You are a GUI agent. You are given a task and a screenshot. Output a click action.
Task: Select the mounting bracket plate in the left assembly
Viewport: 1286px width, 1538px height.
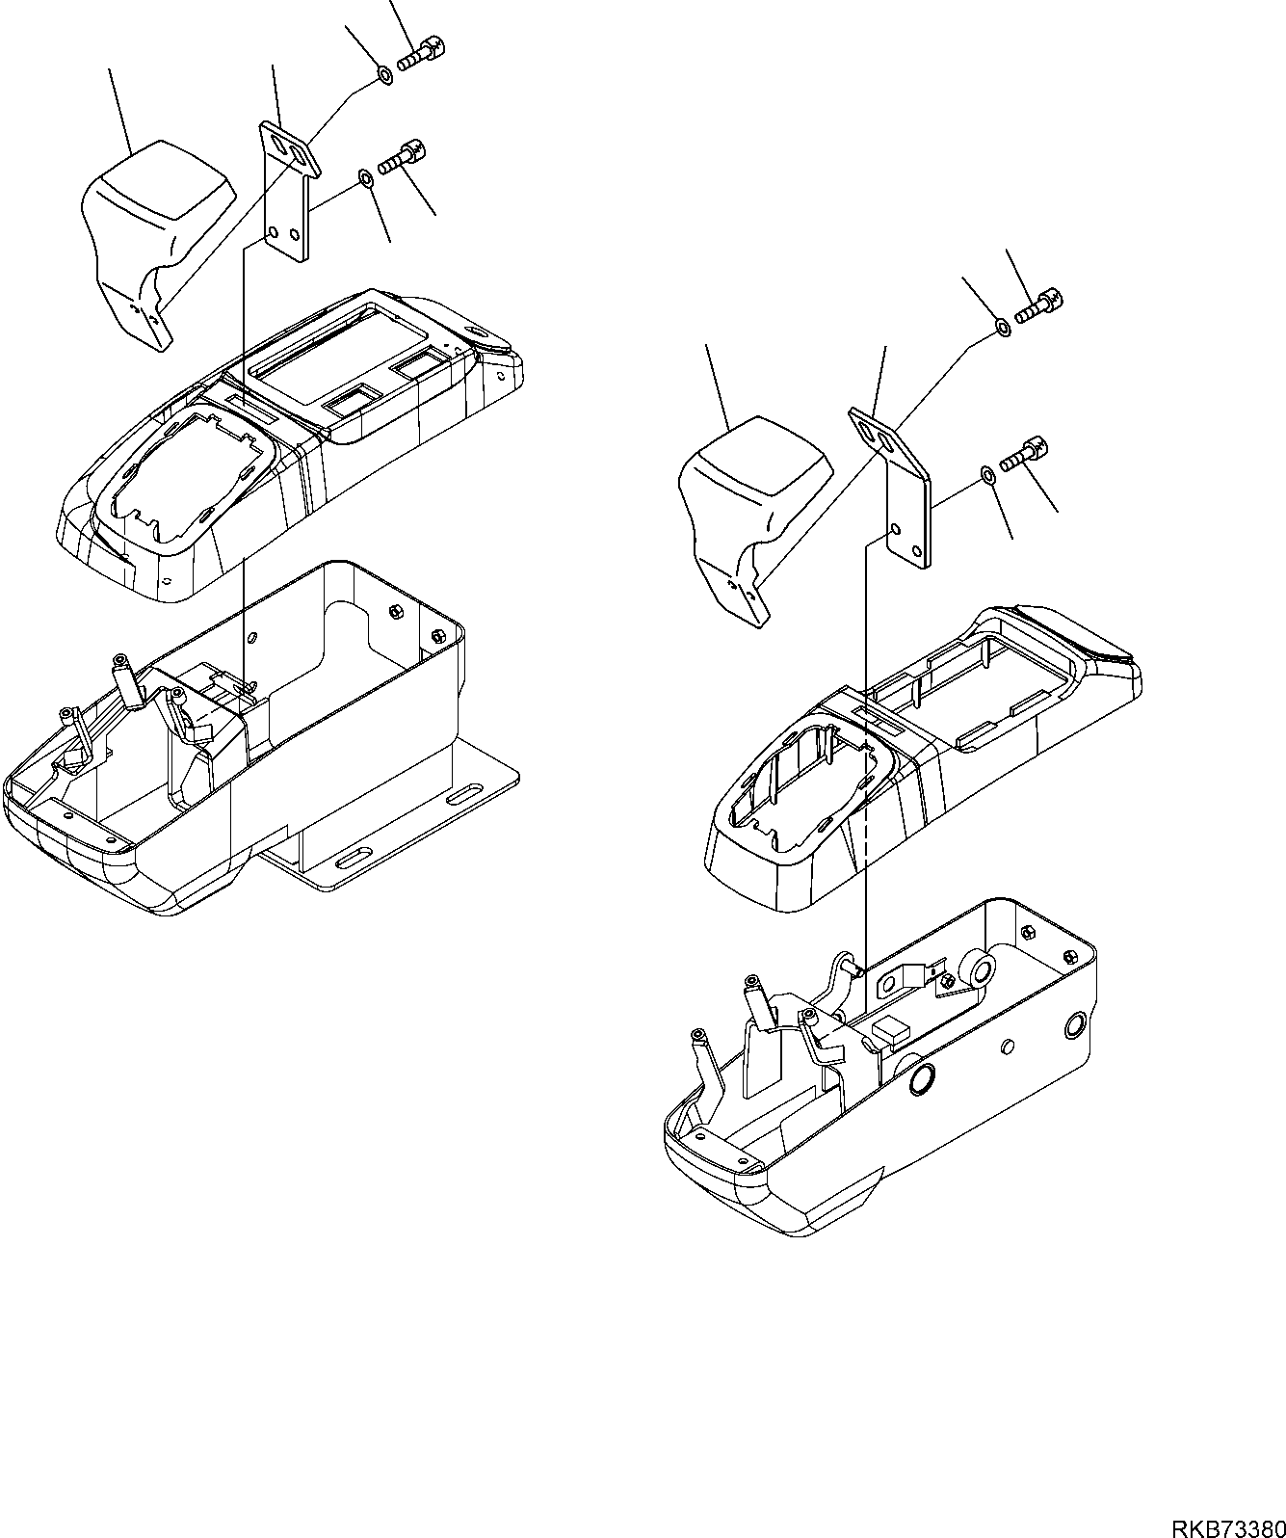(288, 194)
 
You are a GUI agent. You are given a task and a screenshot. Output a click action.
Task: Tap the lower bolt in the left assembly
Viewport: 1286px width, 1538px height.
(403, 156)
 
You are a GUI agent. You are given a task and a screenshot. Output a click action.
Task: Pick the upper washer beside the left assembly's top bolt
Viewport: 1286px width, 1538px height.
(382, 74)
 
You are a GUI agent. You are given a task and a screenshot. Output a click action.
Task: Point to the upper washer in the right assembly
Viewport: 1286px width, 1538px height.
(1002, 329)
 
